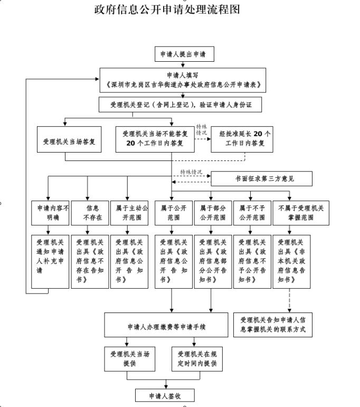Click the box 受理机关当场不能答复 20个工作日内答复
[x=155, y=139]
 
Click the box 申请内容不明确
[x=50, y=212]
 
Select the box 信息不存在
[x=89, y=212]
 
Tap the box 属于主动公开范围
[x=129, y=212]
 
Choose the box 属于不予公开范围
[x=251, y=212]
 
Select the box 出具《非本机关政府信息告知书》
[x=291, y=260]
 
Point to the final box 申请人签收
[x=165, y=395]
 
